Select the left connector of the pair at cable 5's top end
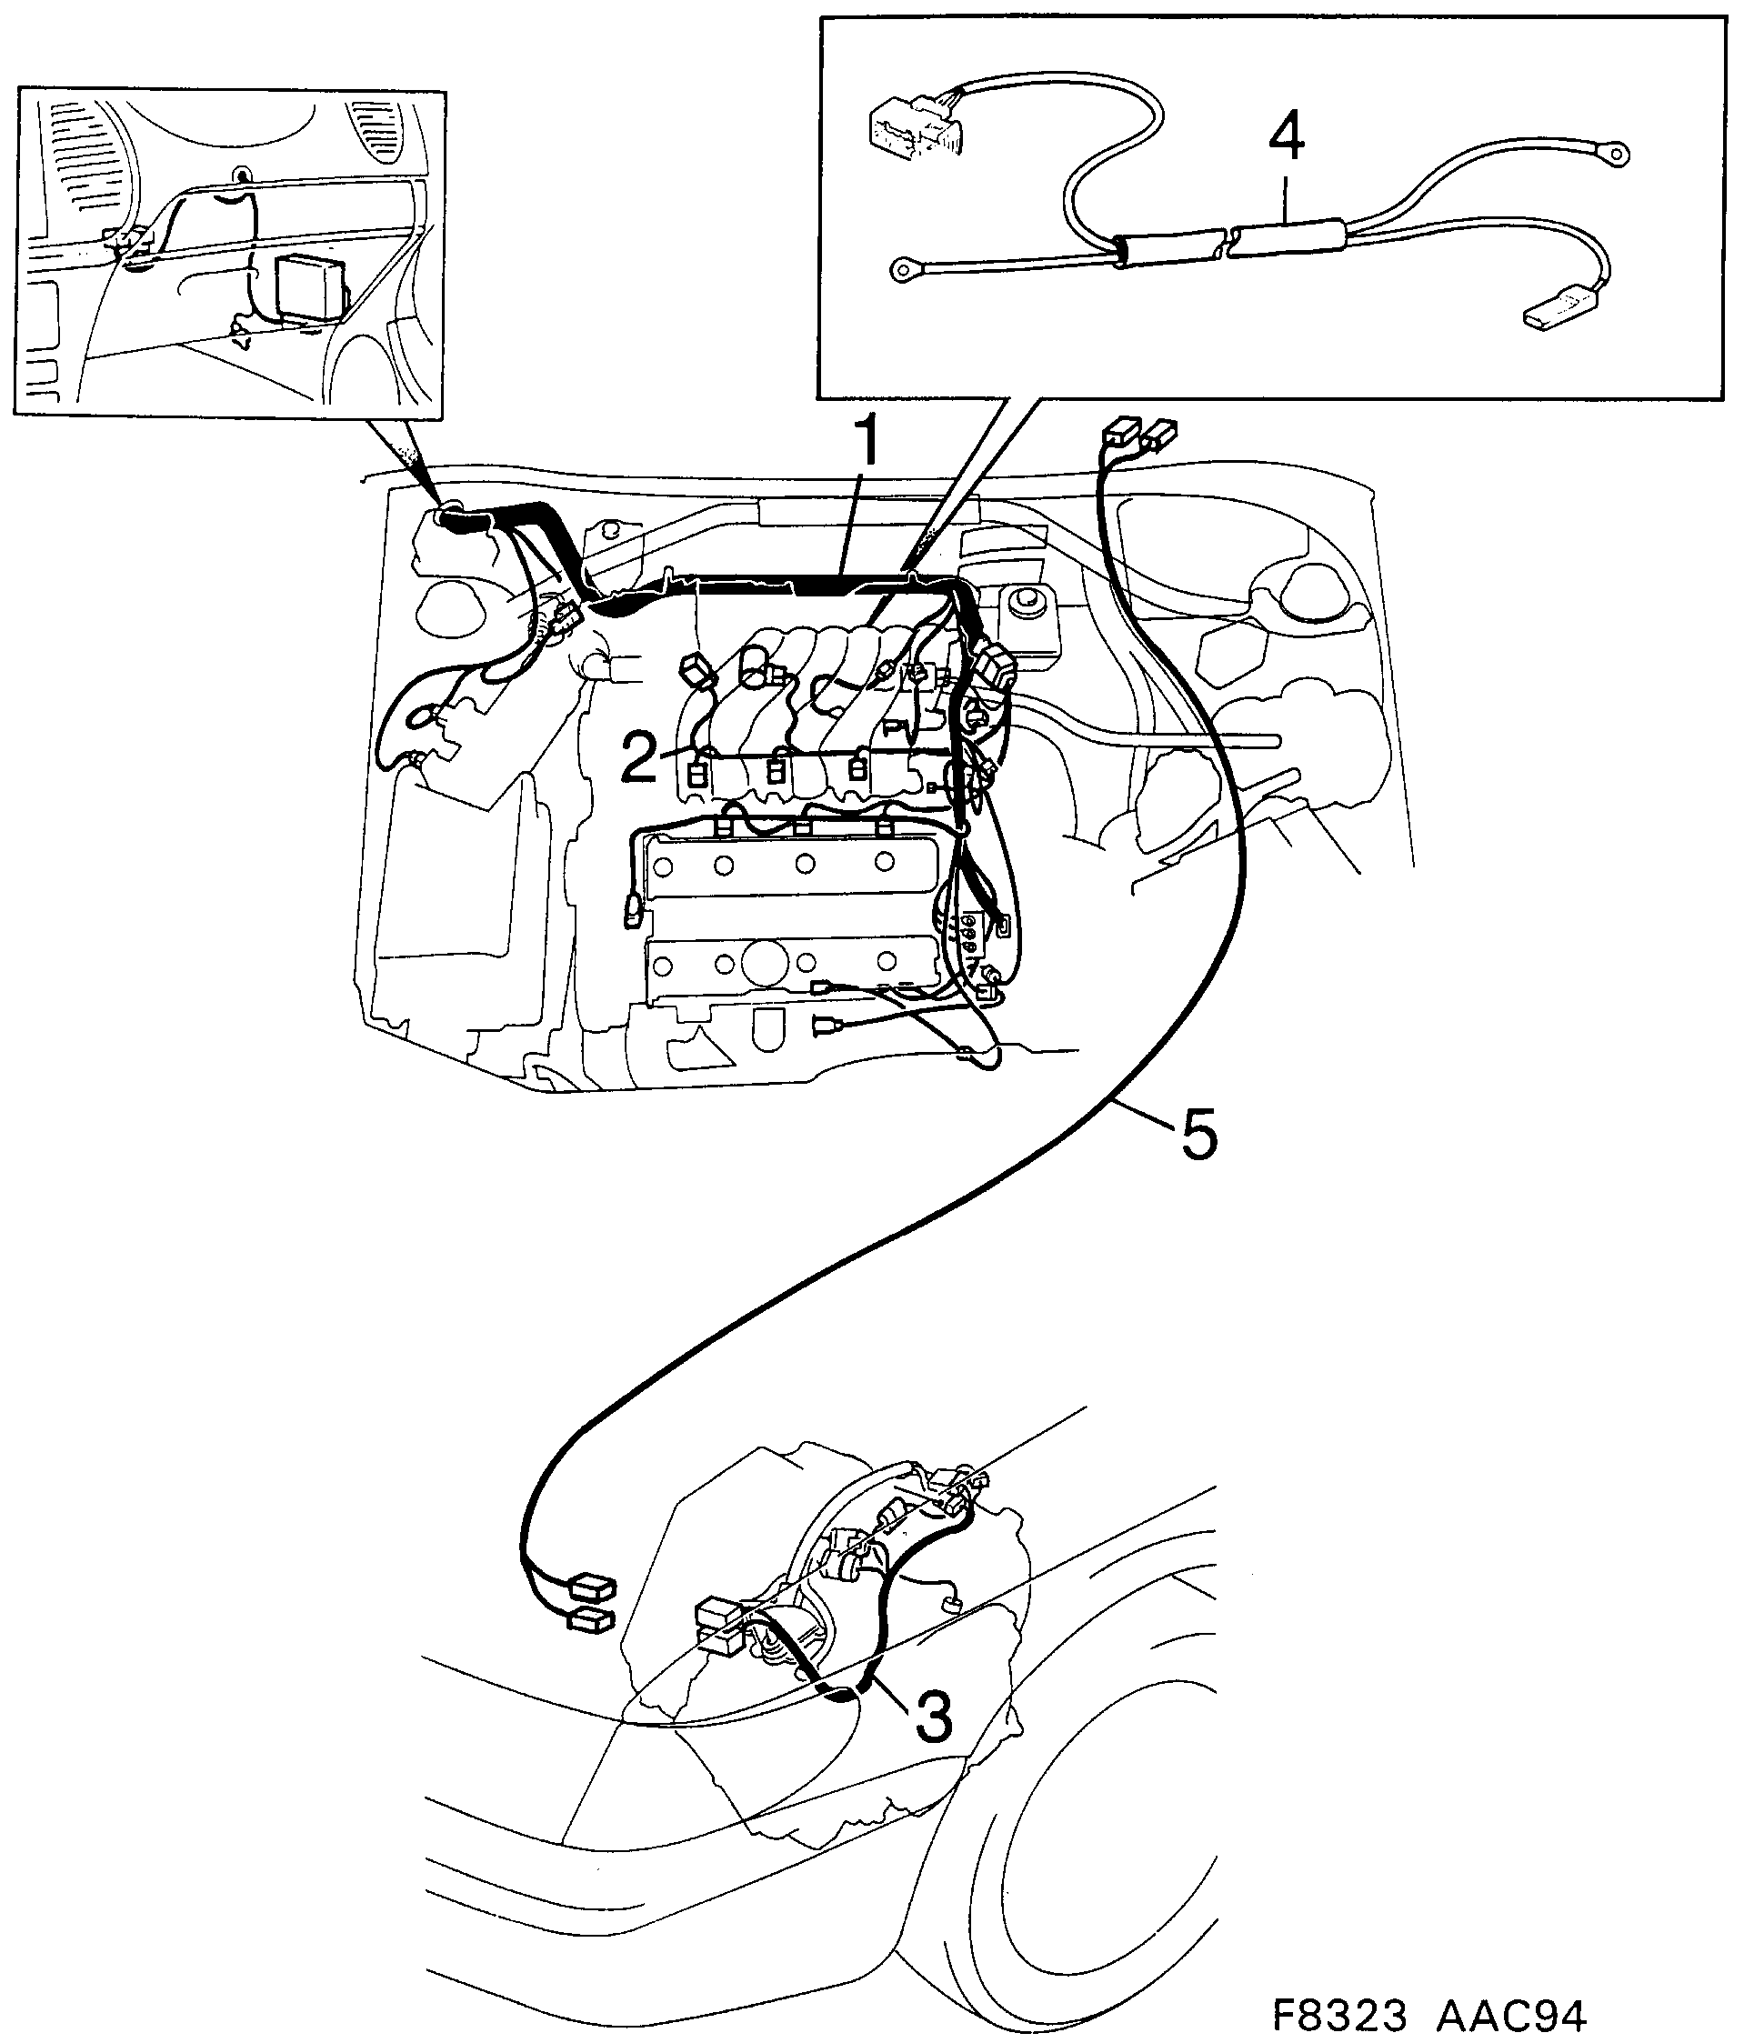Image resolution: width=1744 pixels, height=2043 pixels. [x=1116, y=432]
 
